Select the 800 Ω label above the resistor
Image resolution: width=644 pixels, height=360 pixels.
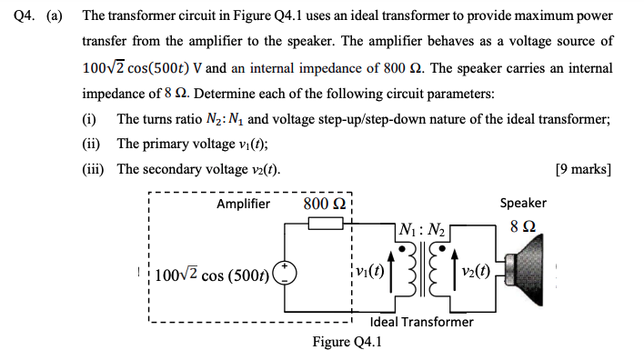[x=322, y=203]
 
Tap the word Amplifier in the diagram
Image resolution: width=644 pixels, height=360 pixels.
[x=243, y=204]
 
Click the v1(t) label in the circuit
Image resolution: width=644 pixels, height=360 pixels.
[x=371, y=271]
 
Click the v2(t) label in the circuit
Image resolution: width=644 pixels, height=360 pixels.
[x=475, y=271]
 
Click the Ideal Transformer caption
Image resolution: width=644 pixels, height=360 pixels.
[x=422, y=322]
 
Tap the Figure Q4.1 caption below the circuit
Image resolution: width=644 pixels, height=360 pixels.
[x=347, y=342]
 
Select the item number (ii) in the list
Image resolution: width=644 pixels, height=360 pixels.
[x=89, y=144]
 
